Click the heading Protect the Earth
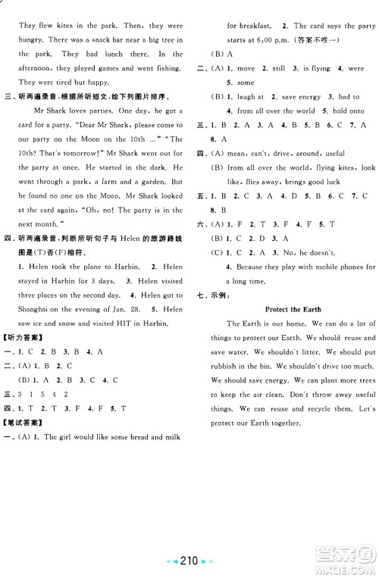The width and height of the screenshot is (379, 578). point(293,309)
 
